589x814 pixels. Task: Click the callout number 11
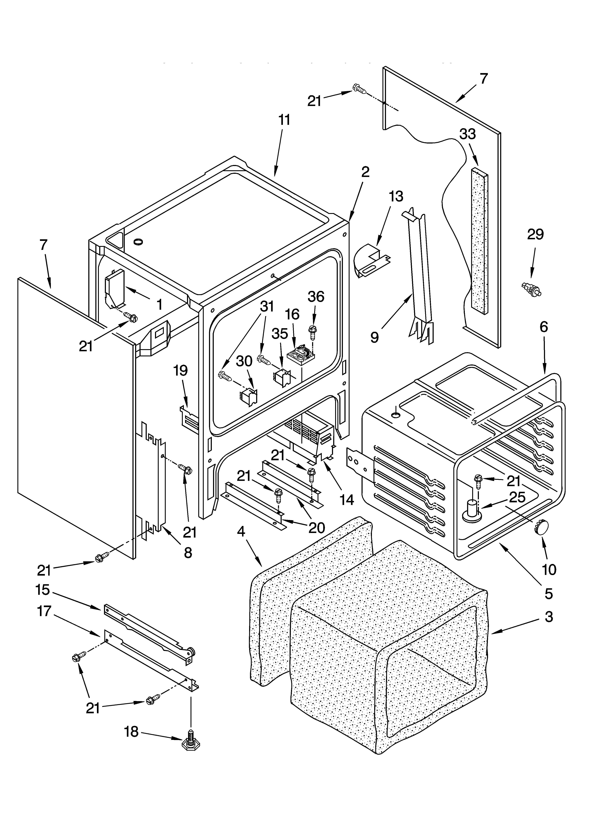[x=284, y=120]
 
